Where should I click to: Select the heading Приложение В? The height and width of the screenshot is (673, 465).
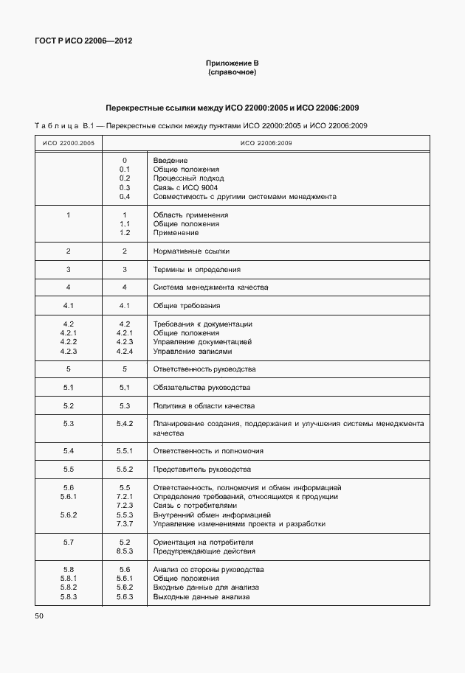point(232,64)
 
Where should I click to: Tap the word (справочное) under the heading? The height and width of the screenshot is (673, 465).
point(232,73)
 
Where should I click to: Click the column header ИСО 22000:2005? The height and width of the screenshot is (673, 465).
point(68,142)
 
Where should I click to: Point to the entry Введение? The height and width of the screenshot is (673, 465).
point(170,160)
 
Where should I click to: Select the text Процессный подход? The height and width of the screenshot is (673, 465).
point(188,178)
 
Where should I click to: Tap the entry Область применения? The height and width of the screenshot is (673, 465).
point(190,215)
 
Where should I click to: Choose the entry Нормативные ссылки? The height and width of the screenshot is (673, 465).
point(191,251)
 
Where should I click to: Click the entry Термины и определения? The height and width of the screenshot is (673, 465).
point(196,269)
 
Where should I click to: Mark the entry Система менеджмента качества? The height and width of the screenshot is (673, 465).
point(210,287)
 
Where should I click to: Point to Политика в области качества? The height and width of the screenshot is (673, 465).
point(203,406)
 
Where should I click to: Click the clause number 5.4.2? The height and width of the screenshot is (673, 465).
point(125,424)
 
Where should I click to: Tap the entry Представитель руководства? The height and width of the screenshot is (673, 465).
point(201,470)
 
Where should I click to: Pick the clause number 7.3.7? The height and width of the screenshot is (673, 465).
point(125,524)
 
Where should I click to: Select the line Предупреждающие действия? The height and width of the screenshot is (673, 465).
point(204,551)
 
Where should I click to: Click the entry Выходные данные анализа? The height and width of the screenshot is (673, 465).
point(201,597)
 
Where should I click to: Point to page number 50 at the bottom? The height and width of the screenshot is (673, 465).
point(39,615)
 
